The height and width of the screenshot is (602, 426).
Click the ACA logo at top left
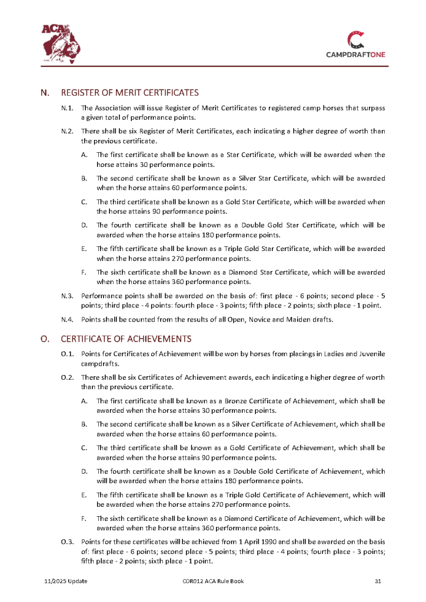pyautogui.click(x=61, y=41)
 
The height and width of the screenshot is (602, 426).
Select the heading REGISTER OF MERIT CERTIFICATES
pyautogui.click(x=129, y=93)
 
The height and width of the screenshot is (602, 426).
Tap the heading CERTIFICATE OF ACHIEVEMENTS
pyautogui.click(x=126, y=339)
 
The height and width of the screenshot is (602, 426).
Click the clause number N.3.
pyautogui.click(x=67, y=295)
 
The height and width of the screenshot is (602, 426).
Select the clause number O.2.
pyautogui.click(x=67, y=377)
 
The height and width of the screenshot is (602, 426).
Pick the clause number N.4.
pyautogui.click(x=67, y=319)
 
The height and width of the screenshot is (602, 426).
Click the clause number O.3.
pyautogui.click(x=67, y=541)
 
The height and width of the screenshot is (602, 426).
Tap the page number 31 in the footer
pyautogui.click(x=378, y=581)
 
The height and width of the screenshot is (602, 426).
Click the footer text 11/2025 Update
pyautogui.click(x=66, y=581)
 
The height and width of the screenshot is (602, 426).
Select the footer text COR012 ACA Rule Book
pyautogui.click(x=213, y=581)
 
